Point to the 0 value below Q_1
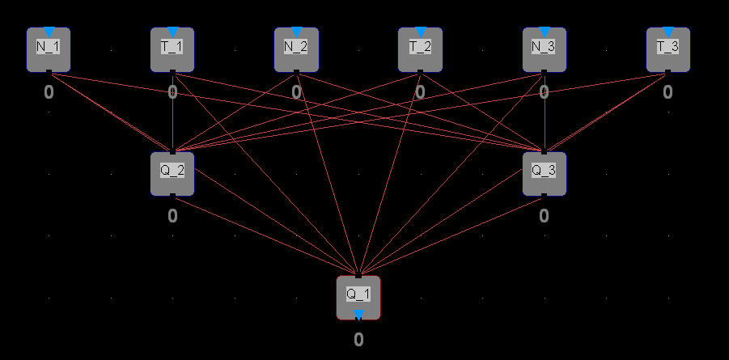358,340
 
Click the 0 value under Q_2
172,216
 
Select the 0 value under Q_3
544,216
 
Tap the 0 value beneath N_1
49,92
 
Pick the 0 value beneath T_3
668,92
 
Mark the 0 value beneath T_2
420,92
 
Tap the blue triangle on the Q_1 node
358,315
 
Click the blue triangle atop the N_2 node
296,32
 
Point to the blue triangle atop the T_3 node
668,32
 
